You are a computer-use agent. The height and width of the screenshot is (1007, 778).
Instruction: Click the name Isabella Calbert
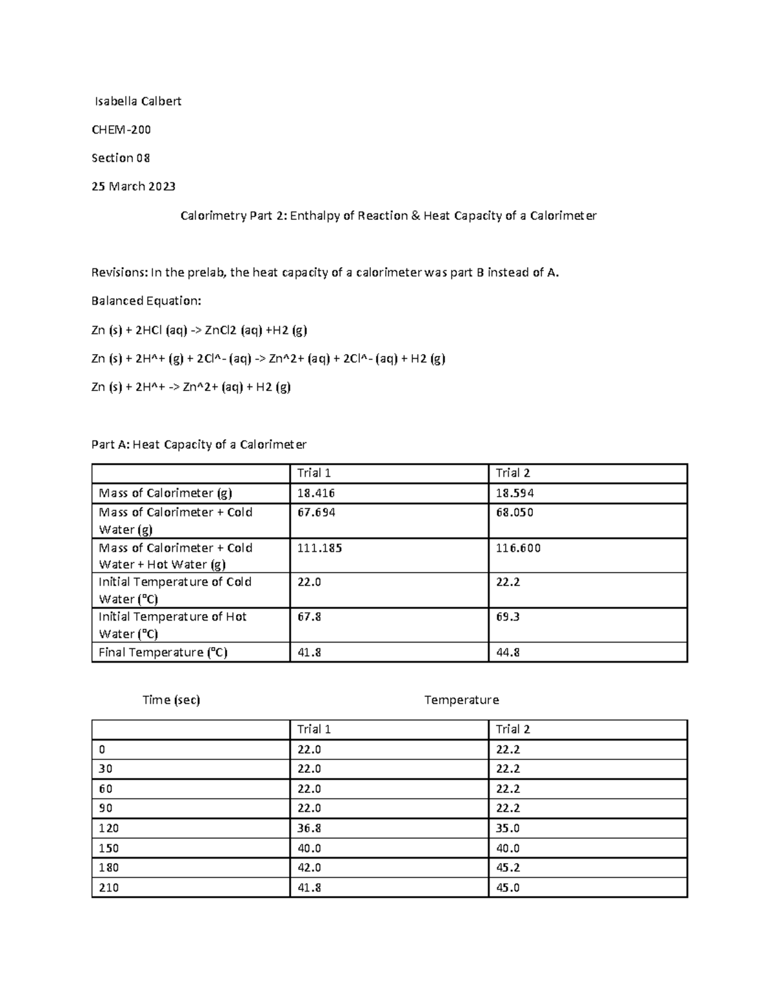tap(138, 101)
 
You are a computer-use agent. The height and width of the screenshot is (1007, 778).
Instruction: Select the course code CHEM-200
tap(121, 130)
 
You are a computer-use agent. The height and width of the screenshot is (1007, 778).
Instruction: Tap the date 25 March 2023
tap(134, 187)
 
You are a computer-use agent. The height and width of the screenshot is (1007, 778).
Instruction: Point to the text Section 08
tap(121, 158)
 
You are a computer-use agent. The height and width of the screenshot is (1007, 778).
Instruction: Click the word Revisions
tap(119, 272)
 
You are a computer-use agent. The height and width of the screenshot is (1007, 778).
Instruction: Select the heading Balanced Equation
tap(147, 301)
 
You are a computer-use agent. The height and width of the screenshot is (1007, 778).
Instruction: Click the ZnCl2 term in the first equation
tap(220, 330)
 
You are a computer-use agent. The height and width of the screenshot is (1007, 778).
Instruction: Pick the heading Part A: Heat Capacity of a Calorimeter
tap(199, 445)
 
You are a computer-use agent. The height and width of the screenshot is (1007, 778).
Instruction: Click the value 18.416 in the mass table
tap(316, 493)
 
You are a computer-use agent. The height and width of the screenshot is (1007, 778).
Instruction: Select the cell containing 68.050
tap(515, 513)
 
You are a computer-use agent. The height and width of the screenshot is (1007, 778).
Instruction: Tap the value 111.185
tap(320, 549)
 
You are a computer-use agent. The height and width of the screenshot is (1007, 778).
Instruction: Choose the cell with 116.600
tap(518, 549)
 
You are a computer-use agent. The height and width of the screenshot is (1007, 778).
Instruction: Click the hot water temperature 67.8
tap(309, 617)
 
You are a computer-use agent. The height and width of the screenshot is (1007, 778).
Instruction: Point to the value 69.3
tap(508, 617)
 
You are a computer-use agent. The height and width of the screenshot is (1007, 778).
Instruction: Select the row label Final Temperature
tap(163, 652)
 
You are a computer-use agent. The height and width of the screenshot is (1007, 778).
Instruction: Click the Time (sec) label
tap(171, 700)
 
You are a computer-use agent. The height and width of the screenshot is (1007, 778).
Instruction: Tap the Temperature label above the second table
tap(462, 700)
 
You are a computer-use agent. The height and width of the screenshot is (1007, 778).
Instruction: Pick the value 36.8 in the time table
tap(309, 829)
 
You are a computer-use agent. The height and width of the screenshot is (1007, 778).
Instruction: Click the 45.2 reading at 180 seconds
tap(508, 868)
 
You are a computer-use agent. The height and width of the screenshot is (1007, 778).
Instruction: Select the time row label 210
tap(109, 888)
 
